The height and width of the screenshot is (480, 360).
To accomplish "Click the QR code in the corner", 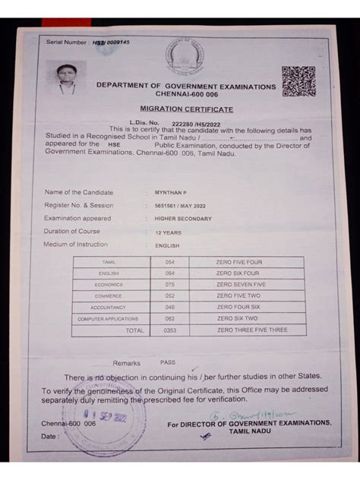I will coord(298,81).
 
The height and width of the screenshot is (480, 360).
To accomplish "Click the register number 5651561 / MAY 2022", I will coord(180,205).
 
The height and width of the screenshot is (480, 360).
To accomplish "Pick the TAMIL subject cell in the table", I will coord(109,261).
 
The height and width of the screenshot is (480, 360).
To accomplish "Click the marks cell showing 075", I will coord(169,284).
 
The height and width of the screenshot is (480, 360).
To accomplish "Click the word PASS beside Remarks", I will coord(167,362).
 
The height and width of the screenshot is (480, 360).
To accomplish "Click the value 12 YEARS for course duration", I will coord(168,232).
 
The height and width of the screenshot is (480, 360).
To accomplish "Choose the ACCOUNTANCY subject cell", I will coord(109,307).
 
